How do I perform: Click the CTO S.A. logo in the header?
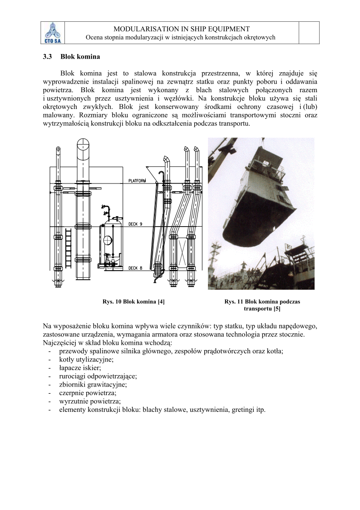tap(54, 33)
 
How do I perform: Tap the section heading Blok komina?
tap(80, 57)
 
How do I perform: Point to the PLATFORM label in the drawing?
tap(137, 181)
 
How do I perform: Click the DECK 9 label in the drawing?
tap(135, 224)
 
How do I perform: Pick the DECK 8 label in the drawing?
tap(135, 268)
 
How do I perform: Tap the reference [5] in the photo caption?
tap(277, 309)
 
